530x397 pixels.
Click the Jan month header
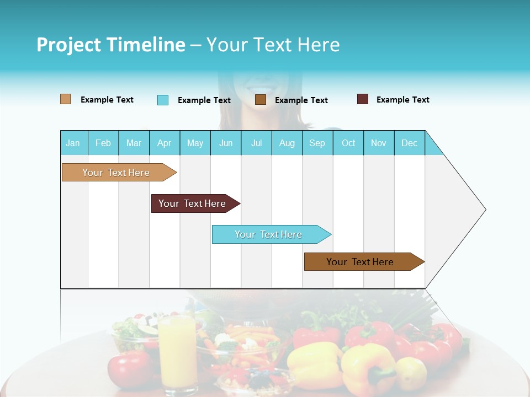tap(73, 143)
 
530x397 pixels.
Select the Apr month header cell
tap(165, 143)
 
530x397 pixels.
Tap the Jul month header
tap(257, 143)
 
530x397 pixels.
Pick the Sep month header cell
tap(317, 143)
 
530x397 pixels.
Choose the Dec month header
tap(409, 143)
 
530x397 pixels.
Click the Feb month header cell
tap(103, 143)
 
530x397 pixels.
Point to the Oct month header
tap(348, 143)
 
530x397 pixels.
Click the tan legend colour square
tap(65, 99)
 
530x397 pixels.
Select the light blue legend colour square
tap(163, 100)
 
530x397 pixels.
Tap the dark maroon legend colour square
tap(363, 99)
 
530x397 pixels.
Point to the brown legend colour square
tap(261, 100)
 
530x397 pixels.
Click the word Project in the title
tap(68, 45)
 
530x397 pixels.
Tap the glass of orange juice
tap(178, 353)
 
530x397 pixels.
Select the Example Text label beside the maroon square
tap(402, 100)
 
